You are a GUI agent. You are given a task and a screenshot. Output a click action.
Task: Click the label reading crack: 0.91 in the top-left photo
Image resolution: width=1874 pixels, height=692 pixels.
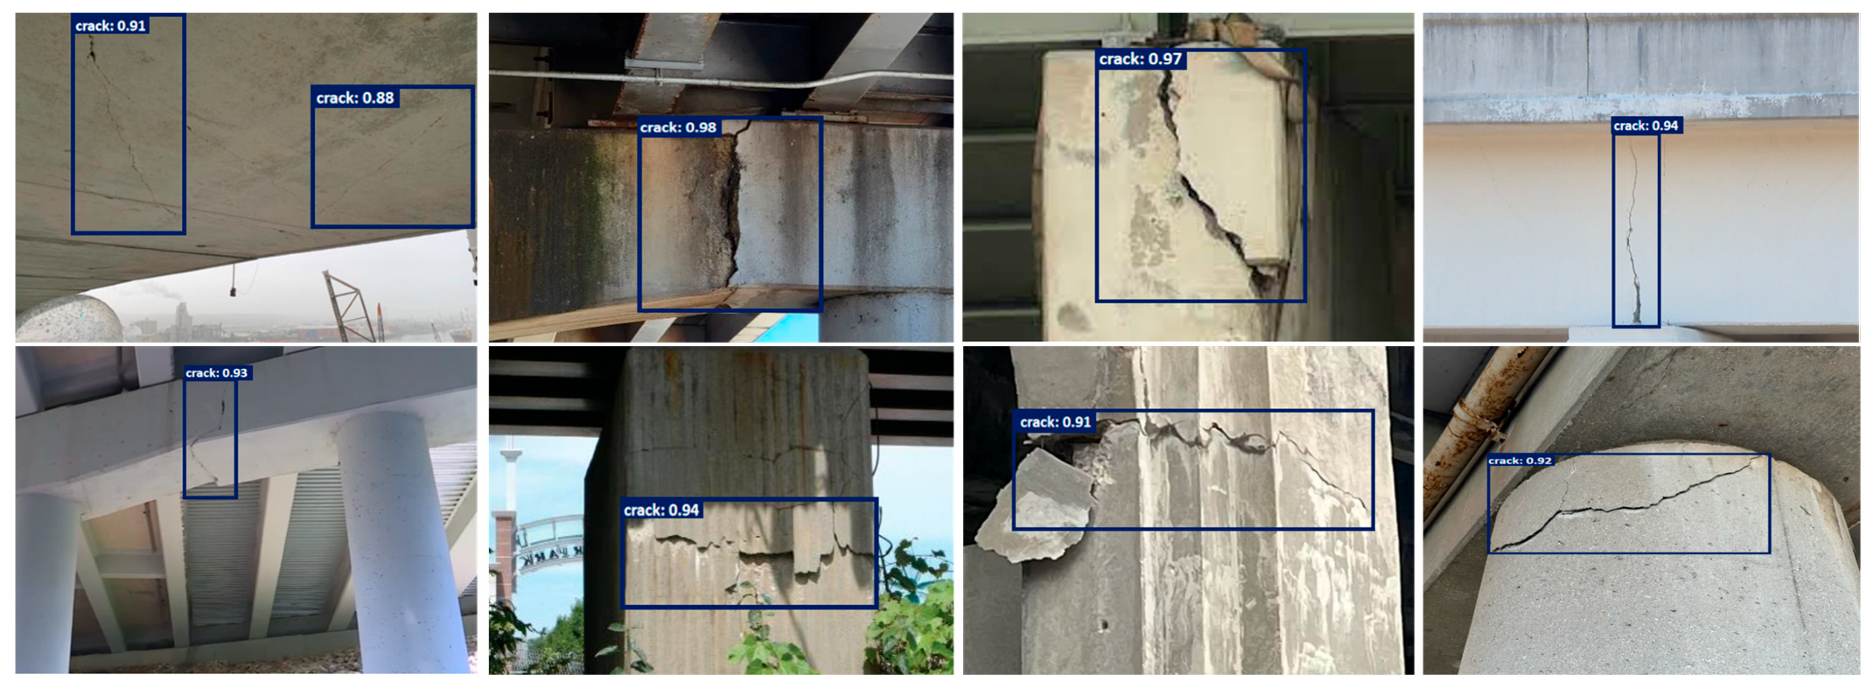coord(110,25)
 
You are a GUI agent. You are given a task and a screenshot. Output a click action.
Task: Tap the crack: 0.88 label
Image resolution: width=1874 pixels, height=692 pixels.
coord(355,97)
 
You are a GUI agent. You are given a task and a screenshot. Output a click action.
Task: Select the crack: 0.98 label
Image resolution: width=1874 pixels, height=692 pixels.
coord(678,127)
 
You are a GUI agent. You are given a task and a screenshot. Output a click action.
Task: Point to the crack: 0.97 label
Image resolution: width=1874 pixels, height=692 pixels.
coord(1140,59)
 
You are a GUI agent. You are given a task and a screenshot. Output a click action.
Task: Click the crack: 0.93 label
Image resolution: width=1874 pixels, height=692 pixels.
coord(216,373)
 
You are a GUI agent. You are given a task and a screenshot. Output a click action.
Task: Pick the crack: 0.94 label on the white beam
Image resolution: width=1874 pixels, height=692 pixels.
coord(1646,126)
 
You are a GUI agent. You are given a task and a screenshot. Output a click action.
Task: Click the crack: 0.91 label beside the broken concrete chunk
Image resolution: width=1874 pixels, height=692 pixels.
coord(1055,422)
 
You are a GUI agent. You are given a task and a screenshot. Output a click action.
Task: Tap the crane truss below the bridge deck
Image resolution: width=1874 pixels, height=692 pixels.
coord(353,305)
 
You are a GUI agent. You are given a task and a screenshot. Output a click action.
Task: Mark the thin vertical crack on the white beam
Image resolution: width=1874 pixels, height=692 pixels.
coord(1633,233)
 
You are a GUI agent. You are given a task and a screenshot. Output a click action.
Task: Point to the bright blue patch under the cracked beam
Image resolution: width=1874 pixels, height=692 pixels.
coord(789,327)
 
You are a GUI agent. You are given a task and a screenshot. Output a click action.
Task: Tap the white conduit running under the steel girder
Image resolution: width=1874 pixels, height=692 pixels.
coord(720,79)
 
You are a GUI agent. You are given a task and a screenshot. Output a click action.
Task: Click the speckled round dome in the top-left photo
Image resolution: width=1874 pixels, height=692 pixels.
coord(69,318)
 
